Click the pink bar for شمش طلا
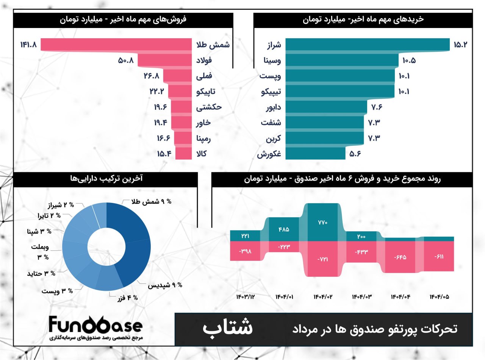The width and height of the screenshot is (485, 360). [x=116, y=44]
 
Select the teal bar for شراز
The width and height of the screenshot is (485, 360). [x=367, y=44]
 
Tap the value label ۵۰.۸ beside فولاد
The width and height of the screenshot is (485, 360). [x=126, y=60]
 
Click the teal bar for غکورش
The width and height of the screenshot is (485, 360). [x=315, y=153]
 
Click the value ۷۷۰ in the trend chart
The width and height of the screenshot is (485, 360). [x=322, y=222]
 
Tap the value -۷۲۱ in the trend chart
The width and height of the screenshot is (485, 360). [x=322, y=259]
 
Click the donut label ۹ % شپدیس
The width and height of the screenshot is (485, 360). [x=165, y=285]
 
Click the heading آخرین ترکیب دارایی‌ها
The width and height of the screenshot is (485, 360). [x=106, y=179]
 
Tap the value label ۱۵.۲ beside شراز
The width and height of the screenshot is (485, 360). [x=461, y=44]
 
